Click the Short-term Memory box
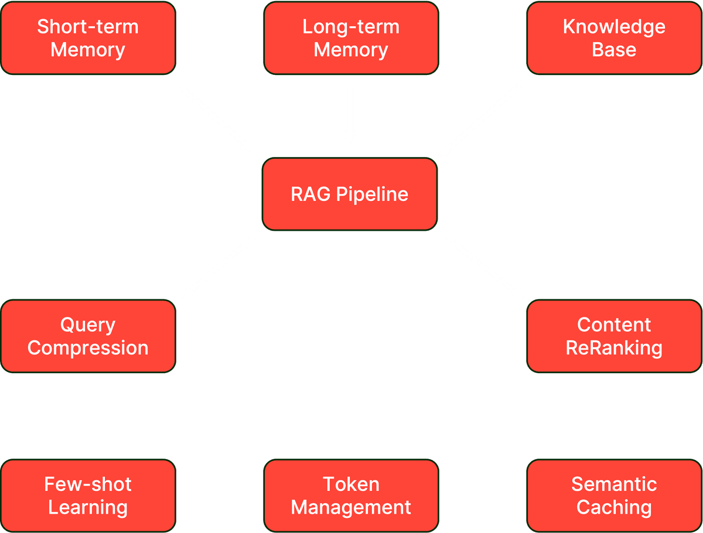pyautogui.click(x=88, y=38)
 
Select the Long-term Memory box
pyautogui.click(x=351, y=38)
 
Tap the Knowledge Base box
pyautogui.click(x=614, y=38)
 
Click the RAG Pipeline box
pyautogui.click(x=350, y=194)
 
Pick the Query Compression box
pyautogui.click(x=88, y=336)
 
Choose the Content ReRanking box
pyautogui.click(x=614, y=336)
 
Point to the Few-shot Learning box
pyautogui.click(x=88, y=496)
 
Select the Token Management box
pyautogui.click(x=351, y=496)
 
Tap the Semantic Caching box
pyautogui.click(x=614, y=496)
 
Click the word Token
pyautogui.click(x=351, y=484)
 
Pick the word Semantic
pyautogui.click(x=614, y=484)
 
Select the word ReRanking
pyautogui.click(x=614, y=348)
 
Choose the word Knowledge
pyautogui.click(x=614, y=27)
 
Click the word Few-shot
pyautogui.click(x=88, y=484)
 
